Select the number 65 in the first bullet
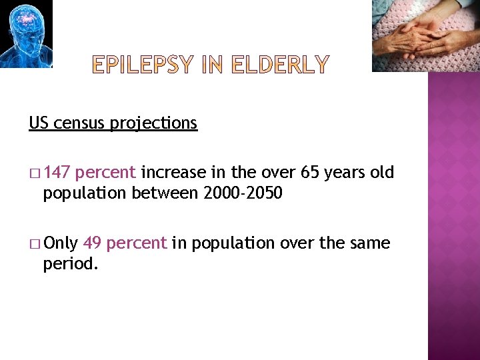(x=310, y=173)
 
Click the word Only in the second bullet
(x=61, y=243)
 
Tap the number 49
(x=92, y=243)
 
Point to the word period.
(x=71, y=264)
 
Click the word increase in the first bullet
(x=173, y=173)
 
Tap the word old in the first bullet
(x=382, y=173)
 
